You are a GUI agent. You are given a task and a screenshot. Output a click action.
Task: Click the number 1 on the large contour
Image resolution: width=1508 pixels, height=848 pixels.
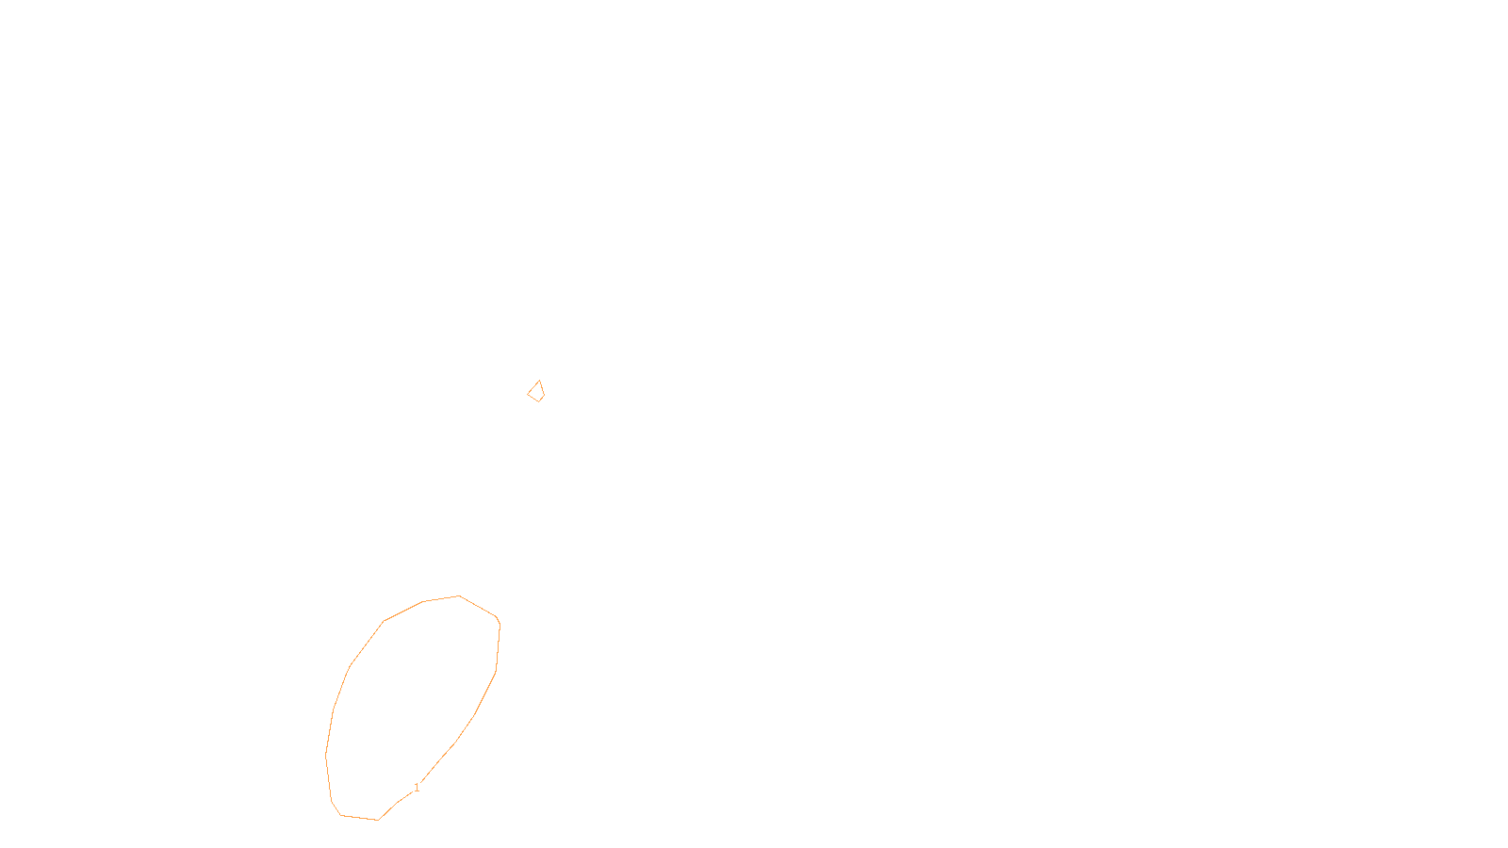417,788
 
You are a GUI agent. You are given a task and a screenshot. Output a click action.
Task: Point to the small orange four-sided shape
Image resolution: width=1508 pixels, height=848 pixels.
536,392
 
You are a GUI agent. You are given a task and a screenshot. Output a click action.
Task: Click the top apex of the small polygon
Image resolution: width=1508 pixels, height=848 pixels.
539,381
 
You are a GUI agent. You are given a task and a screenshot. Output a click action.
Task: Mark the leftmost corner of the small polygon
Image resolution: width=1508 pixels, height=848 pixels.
528,394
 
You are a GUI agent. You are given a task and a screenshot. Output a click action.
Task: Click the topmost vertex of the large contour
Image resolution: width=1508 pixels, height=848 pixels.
459,596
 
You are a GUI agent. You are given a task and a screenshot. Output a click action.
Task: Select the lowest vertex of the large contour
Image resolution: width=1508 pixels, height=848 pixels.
377,820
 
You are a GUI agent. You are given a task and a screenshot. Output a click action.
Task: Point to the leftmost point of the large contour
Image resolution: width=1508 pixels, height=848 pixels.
326,754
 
